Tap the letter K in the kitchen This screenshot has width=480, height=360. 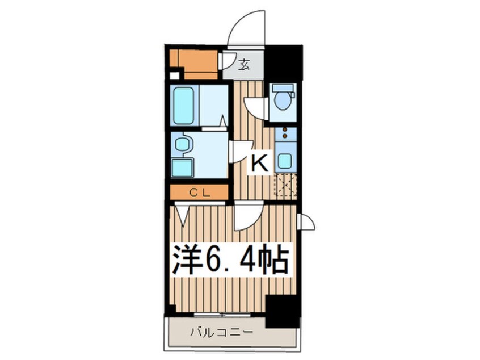(259, 164)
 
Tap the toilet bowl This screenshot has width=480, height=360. (282, 100)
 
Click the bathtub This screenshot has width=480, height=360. (184, 105)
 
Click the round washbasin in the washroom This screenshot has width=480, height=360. (182, 145)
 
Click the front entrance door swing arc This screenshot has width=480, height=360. (245, 28)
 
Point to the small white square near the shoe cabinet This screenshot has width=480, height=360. (174, 76)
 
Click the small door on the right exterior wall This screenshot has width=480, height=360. (307, 222)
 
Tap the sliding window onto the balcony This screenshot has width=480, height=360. (221, 314)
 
